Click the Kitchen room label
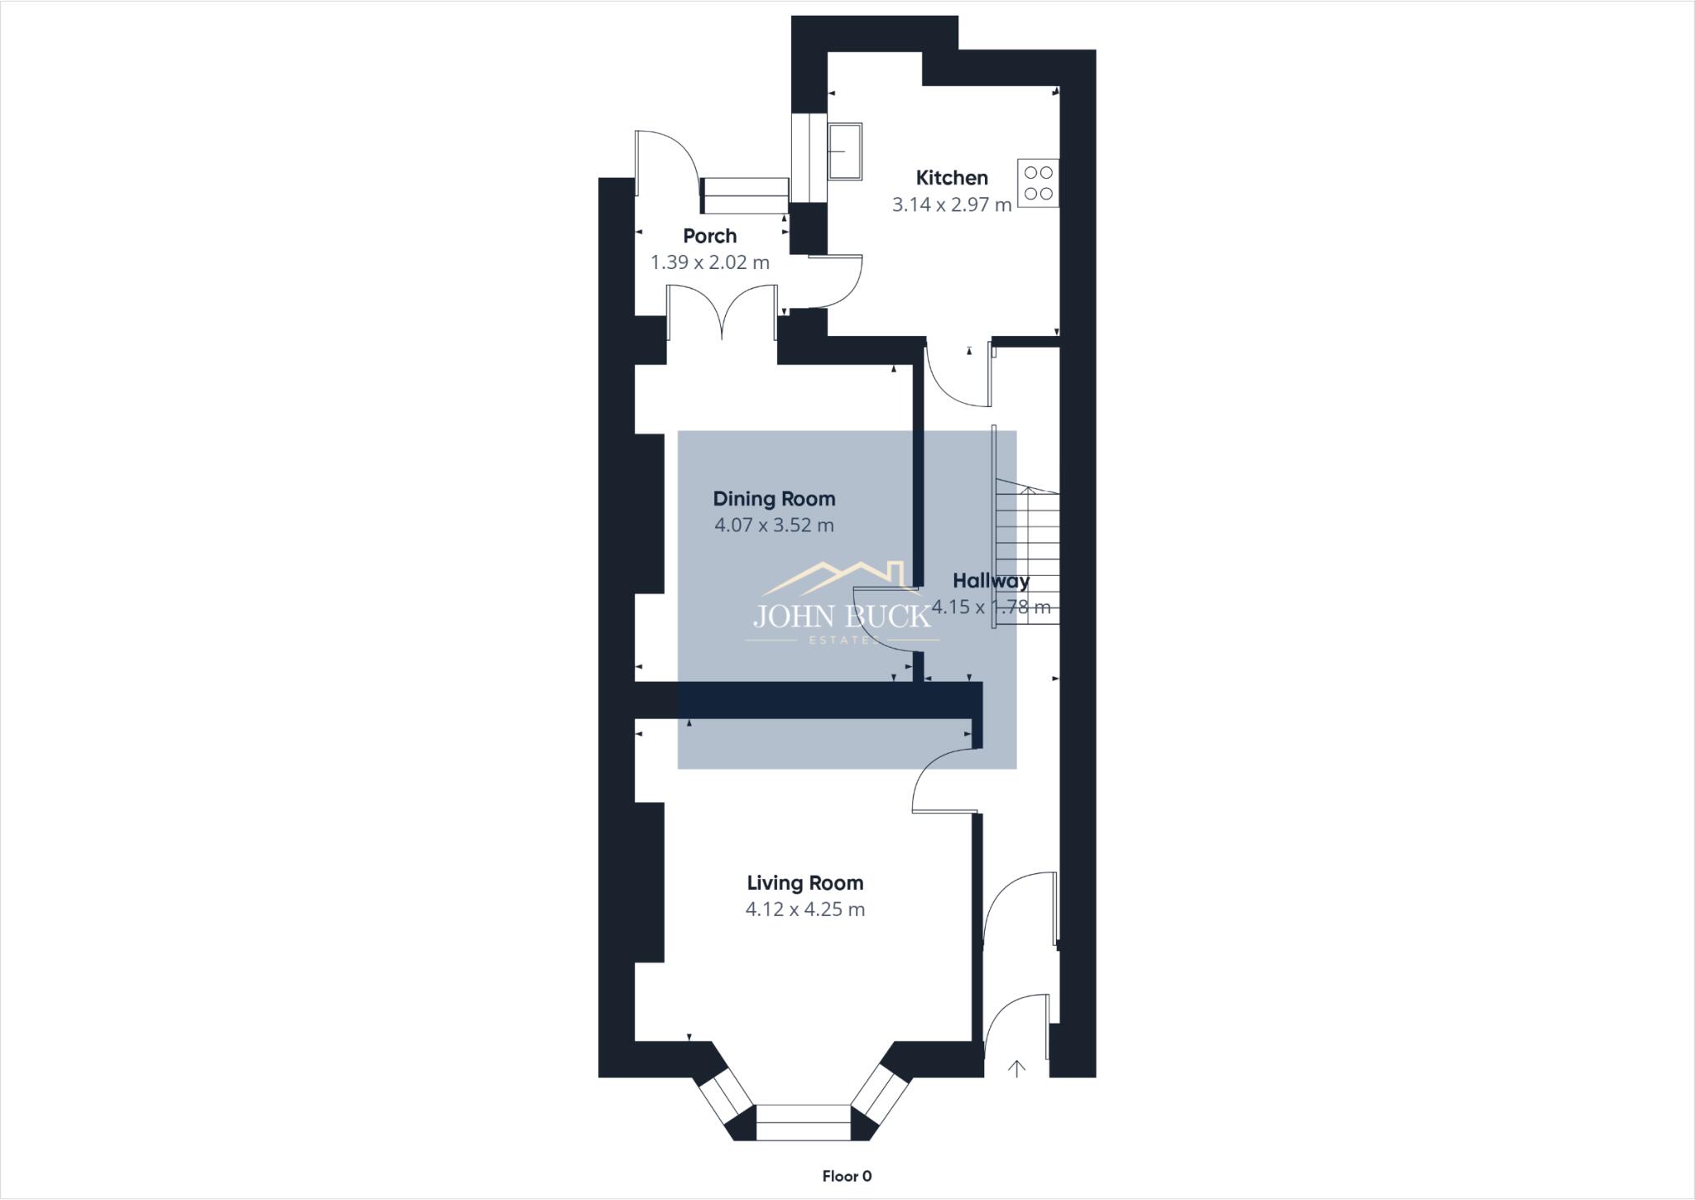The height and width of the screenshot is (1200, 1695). (x=952, y=178)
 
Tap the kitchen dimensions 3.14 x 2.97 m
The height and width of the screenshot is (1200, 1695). (x=952, y=204)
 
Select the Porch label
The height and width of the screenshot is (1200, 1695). (x=709, y=236)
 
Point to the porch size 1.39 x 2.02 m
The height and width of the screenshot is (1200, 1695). (x=709, y=262)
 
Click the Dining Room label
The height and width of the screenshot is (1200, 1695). (x=774, y=499)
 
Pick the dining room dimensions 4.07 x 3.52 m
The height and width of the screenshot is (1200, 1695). (x=774, y=525)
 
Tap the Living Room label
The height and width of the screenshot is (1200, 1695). (x=804, y=883)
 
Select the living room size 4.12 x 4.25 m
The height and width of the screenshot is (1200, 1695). (x=804, y=910)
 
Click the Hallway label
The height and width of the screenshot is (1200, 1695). (x=991, y=580)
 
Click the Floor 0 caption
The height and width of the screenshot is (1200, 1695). (x=847, y=1176)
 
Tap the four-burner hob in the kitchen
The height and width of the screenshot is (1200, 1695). (x=1038, y=183)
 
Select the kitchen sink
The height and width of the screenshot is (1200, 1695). (x=844, y=151)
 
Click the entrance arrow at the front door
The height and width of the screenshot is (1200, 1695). (x=1016, y=1068)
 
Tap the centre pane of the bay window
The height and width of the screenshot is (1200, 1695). (x=803, y=1122)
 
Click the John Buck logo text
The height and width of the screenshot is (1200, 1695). (x=842, y=617)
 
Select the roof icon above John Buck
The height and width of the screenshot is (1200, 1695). (x=836, y=577)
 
